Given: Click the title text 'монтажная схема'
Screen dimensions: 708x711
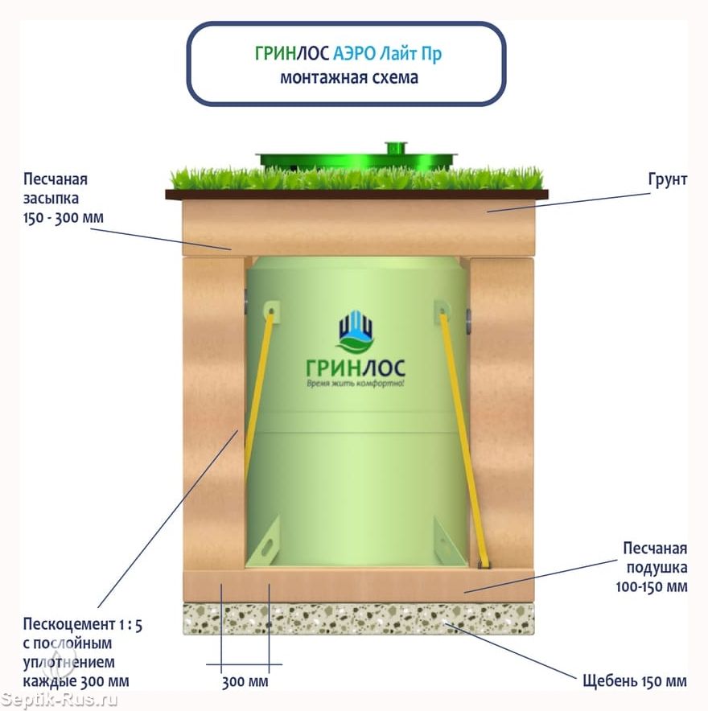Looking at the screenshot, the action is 349,77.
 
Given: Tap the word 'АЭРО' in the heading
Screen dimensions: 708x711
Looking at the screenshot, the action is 354,54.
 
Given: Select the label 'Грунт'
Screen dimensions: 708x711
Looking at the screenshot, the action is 667,179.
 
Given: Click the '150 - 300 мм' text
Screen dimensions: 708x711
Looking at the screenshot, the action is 64,218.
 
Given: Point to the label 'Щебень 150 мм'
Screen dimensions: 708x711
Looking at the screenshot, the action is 635,680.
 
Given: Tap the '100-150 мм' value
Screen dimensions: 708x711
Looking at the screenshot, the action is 652,587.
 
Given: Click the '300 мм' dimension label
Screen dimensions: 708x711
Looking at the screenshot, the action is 245,681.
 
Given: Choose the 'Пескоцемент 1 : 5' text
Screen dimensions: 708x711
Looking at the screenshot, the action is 83,625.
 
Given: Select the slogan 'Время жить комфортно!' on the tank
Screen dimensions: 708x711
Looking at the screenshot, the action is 355,384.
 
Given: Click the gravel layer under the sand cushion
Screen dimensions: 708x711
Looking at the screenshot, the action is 358,619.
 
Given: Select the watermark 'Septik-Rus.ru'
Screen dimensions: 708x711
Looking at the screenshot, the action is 59,700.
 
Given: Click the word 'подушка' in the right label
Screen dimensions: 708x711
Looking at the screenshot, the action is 657,568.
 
